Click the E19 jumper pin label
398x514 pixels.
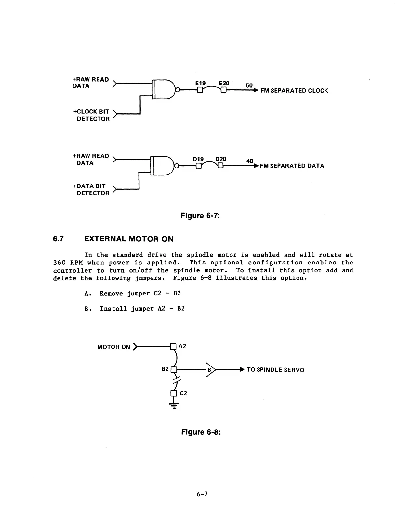pos(200,83)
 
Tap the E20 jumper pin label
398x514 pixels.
pos(224,83)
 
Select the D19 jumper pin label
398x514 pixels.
pos(198,159)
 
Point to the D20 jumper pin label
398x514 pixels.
pos(221,159)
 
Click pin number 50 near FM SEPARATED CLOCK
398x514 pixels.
pos(249,85)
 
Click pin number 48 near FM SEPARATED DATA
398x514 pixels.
pos(250,161)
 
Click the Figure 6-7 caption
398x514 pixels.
pos(200,216)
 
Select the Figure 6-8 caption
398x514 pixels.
pos(201,432)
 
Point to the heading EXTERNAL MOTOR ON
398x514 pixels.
pos(129,239)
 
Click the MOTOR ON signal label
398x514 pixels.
pos(114,347)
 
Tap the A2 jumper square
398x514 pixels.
pos(173,346)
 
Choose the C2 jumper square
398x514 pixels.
pos(173,393)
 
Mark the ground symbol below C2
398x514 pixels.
pos(174,405)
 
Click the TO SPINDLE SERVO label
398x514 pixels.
pos(275,370)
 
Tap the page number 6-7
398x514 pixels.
pos(202,494)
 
